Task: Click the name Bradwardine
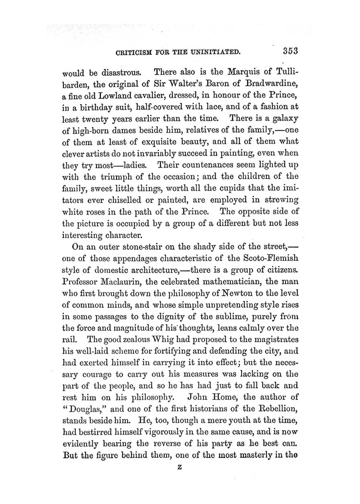[264, 86]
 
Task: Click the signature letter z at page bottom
[180, 485]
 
